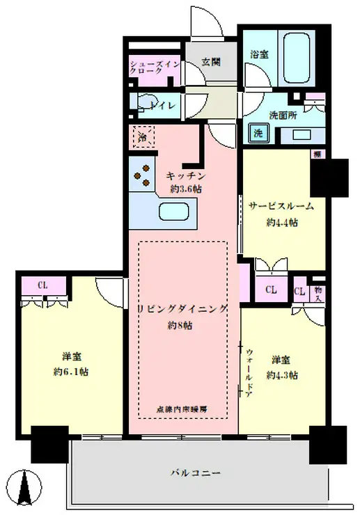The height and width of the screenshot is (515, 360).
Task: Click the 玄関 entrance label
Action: click(x=211, y=61)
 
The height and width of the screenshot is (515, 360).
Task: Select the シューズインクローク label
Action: click(x=155, y=71)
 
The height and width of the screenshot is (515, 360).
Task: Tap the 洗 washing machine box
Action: click(x=257, y=133)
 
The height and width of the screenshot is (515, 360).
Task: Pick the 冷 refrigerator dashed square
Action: click(x=142, y=136)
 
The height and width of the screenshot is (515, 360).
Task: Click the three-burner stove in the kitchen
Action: click(x=143, y=175)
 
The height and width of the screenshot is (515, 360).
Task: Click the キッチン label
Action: click(x=186, y=177)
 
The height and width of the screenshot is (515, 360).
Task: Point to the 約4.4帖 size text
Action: click(x=283, y=223)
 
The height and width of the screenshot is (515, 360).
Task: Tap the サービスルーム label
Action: click(x=281, y=206)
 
